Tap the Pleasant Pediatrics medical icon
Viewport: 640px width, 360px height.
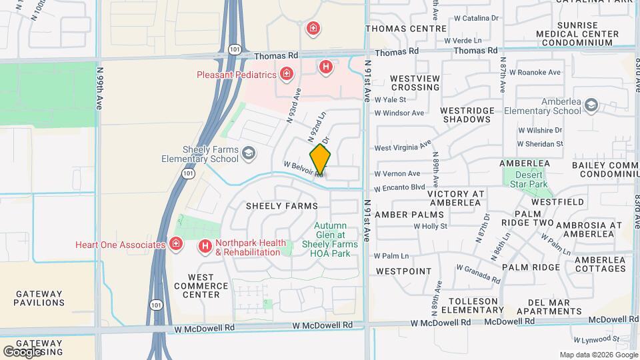tap(286, 73)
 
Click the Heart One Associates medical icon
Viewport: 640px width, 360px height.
tap(176, 245)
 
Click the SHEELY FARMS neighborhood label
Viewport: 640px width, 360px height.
tap(282, 206)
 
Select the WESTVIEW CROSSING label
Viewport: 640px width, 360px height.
tap(415, 83)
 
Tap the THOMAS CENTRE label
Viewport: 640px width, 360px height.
tap(406, 29)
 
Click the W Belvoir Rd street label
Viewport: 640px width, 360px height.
tap(303, 169)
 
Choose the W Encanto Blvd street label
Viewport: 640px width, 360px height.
tap(399, 188)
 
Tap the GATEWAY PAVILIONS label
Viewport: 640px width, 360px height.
tap(39, 299)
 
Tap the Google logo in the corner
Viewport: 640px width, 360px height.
tap(22, 351)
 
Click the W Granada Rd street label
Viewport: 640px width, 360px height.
tap(478, 273)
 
